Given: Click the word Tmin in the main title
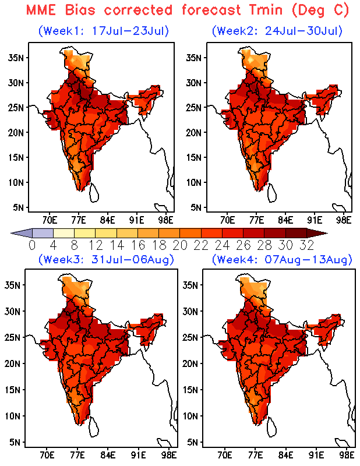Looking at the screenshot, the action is pyautogui.click(x=266, y=10).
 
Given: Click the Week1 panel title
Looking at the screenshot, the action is pyautogui.click(x=104, y=31).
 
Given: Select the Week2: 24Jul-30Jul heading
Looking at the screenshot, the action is pyautogui.click(x=277, y=31).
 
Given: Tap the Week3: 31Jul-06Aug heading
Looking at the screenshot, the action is pyautogui.click(x=106, y=259).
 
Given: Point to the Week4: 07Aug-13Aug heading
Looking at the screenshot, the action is pyautogui.click(x=282, y=259).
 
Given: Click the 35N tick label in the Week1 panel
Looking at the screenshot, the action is pyautogui.click(x=16, y=57).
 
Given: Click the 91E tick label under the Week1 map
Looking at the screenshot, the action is pyautogui.click(x=136, y=220).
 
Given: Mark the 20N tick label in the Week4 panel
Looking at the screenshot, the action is pyautogui.click(x=190, y=363).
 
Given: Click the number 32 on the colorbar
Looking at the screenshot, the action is pyautogui.click(x=307, y=245).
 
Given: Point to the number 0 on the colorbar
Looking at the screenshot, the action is pyautogui.click(x=32, y=245).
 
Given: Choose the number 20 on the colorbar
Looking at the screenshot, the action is pyautogui.click(x=180, y=245).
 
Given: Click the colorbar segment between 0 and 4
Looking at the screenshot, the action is pyautogui.click(x=43, y=233).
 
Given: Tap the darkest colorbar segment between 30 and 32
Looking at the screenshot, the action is pyautogui.click(x=297, y=233).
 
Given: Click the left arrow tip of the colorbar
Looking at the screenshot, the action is pyautogui.click(x=11, y=234).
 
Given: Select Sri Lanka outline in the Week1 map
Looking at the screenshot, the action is pyautogui.click(x=94, y=193).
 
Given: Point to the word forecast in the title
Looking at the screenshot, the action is pyautogui.click(x=211, y=10).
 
